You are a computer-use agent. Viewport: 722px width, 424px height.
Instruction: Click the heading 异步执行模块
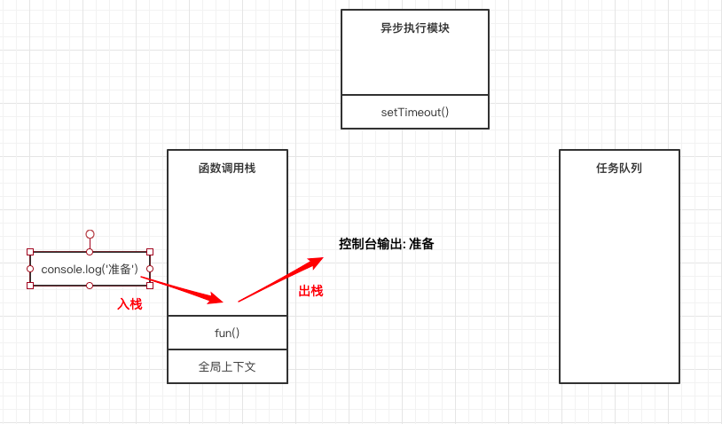(414, 27)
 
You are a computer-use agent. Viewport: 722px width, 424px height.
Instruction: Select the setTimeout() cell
(414, 112)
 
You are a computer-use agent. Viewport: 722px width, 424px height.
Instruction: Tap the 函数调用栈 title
(227, 168)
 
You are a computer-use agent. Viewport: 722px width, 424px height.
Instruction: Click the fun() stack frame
(227, 333)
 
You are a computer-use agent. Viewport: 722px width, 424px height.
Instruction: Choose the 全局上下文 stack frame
(227, 366)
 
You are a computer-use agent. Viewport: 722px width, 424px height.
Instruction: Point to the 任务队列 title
(619, 168)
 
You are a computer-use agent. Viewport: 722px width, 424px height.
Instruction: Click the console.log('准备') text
(90, 269)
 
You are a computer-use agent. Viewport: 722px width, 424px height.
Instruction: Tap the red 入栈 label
(129, 303)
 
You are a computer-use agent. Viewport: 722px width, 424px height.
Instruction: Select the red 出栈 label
(310, 291)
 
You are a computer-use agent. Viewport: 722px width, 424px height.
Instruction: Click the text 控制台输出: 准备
(387, 244)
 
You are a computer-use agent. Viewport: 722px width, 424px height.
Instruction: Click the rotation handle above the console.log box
(90, 234)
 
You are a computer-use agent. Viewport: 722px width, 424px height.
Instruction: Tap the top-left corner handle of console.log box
(30, 252)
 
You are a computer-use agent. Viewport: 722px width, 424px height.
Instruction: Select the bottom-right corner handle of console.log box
(149, 286)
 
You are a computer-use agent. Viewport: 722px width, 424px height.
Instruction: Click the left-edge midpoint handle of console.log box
(30, 269)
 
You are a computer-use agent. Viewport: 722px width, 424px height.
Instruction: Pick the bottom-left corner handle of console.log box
(30, 286)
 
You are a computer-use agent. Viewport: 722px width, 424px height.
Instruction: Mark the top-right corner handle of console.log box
(149, 252)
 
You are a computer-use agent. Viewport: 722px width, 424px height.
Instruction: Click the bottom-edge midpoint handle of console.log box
(90, 286)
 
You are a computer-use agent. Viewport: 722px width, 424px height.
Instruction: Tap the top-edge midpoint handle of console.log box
(90, 252)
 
